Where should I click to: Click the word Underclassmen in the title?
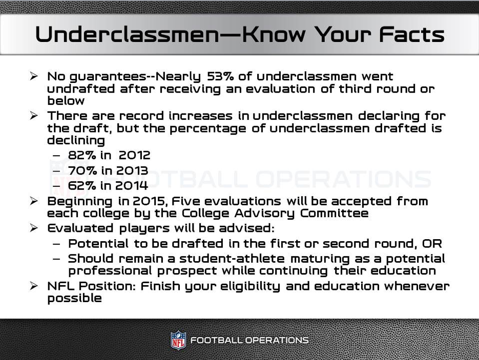click(127, 34)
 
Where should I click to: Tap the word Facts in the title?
click(411, 34)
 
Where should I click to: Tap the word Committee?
click(334, 213)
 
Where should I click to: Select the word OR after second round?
click(432, 244)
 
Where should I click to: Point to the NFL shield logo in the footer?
click(178, 340)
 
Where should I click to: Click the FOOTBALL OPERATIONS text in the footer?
click(249, 340)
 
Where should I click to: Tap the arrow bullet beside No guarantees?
click(34, 76)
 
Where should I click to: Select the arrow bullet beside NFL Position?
click(34, 286)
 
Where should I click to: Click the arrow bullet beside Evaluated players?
click(34, 228)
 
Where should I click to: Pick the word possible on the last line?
click(74, 299)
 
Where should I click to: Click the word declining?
click(76, 140)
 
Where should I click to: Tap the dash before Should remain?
click(56, 259)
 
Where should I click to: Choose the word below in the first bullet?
click(66, 100)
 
